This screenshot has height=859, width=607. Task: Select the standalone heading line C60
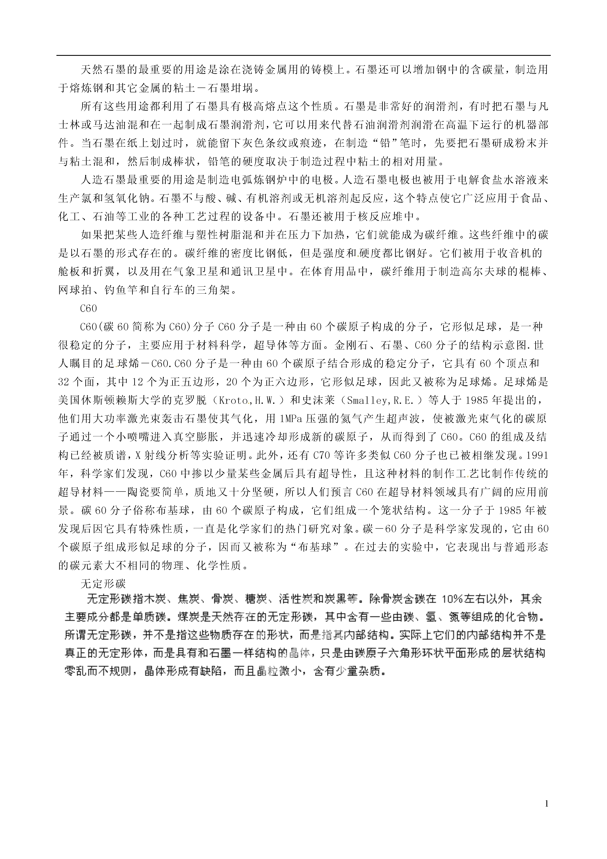coord(89,309)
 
